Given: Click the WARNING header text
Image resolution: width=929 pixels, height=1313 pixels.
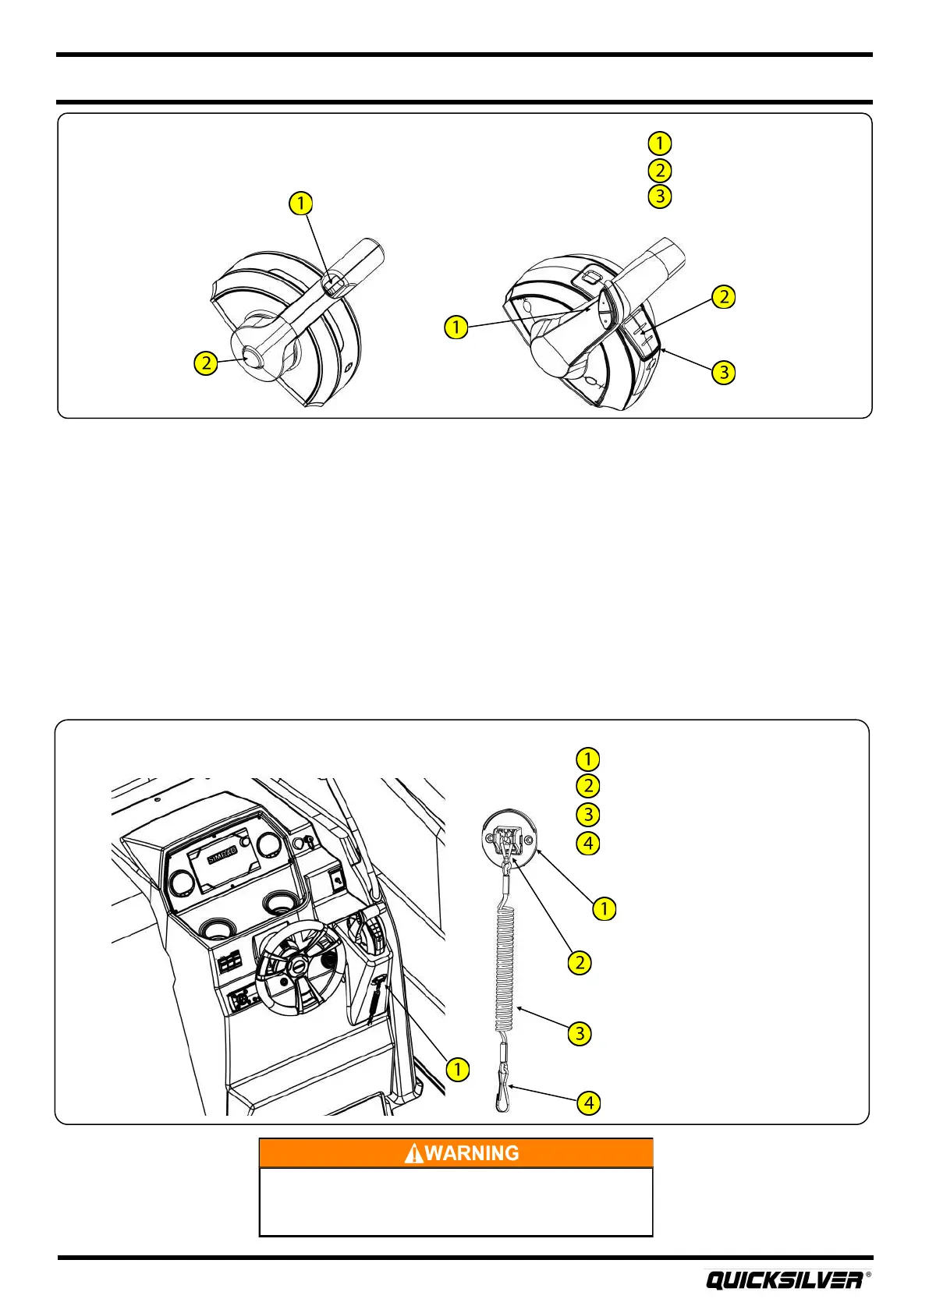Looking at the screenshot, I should coord(472,1153).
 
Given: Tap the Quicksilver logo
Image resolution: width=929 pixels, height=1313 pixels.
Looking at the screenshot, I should coord(785,1280).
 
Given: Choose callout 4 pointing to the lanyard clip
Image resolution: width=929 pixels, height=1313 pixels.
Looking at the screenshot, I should coord(589,1103).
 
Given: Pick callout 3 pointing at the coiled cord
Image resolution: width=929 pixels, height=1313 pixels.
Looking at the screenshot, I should coord(580,1034).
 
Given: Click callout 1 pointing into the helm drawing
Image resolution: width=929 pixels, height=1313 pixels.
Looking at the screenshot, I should coord(457,1069).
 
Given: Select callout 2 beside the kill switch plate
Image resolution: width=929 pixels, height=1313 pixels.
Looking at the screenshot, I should coord(580,962).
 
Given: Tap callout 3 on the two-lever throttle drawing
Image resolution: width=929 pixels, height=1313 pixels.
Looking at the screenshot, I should coord(724,373).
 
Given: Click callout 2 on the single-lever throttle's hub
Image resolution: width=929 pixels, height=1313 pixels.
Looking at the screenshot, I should coord(206,363).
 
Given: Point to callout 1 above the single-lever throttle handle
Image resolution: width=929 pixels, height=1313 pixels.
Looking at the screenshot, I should coord(300,203).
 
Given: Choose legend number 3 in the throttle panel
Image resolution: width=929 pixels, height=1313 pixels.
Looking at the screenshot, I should coord(660,196).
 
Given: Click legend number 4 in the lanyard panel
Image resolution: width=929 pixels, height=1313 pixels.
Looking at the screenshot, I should coord(588,843).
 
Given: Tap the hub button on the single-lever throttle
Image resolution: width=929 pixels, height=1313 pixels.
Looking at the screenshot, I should coord(251,359).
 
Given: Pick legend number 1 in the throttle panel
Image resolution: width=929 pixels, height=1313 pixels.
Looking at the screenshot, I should coord(660,143).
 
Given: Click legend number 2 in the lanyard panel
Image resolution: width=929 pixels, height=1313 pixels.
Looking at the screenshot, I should coord(588,786).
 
